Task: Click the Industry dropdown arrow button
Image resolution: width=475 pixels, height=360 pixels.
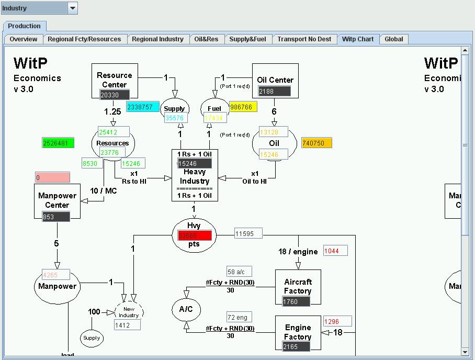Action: [73, 8]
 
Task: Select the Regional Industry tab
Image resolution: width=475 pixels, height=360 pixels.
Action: [157, 39]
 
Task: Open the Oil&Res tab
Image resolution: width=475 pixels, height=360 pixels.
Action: [206, 39]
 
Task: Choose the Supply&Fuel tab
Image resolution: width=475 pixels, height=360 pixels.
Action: [247, 39]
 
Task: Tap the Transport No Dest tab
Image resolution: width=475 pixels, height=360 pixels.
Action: [304, 39]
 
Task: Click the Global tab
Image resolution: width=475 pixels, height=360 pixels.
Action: [393, 39]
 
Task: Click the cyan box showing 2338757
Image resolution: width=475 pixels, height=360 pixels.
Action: [142, 107]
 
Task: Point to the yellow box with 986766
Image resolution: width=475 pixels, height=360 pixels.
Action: [243, 107]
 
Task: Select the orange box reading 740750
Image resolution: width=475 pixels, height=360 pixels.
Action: [316, 143]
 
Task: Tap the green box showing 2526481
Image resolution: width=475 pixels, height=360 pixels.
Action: [58, 143]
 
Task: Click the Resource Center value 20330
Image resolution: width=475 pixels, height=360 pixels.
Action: [115, 95]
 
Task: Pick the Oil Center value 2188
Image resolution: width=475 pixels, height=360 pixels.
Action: [274, 91]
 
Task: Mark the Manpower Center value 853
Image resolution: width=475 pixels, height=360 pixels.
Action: [56, 217]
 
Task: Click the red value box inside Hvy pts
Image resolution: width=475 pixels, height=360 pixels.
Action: [195, 235]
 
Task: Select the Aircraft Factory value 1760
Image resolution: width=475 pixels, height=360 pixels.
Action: [296, 301]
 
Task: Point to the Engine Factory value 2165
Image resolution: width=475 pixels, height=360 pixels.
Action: [296, 346]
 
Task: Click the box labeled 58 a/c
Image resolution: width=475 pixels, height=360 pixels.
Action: [239, 272]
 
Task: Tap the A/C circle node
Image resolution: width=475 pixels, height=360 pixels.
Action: [186, 309]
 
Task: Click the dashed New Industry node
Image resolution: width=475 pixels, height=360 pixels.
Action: [129, 312]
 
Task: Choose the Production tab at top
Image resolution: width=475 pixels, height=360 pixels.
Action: [24, 26]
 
